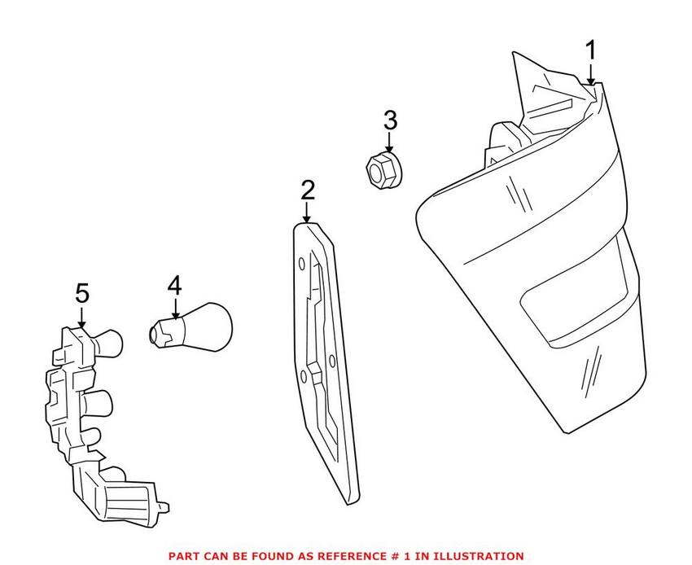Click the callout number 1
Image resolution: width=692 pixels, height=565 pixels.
pos(590,50)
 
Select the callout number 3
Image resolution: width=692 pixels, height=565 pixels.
pos(390,120)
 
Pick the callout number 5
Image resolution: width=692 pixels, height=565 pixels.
pos(82,294)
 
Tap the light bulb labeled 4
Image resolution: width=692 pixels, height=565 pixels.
pos(191,327)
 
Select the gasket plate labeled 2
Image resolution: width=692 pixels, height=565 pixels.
pos(326,362)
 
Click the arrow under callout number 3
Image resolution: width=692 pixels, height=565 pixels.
pos(389,142)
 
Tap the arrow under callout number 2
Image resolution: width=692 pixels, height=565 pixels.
pos(307,212)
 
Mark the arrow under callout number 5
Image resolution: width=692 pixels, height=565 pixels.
pos(82,317)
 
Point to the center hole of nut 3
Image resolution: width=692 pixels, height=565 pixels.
pos(376,170)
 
